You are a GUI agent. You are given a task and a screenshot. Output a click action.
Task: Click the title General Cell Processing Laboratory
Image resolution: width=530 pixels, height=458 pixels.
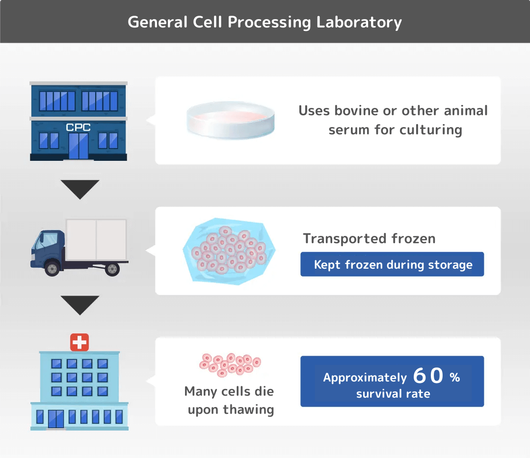[265, 22]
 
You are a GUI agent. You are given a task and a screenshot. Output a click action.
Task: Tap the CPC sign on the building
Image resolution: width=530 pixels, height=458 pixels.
[79, 127]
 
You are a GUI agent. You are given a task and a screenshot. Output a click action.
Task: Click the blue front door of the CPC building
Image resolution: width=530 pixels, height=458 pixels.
[79, 146]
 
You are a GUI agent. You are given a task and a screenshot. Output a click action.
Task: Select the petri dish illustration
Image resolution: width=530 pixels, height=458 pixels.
[230, 121]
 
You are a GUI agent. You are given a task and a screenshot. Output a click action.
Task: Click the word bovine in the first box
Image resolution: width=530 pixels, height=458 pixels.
[357, 110]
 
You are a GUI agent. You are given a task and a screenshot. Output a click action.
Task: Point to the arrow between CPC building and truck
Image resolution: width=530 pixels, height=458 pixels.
[80, 189]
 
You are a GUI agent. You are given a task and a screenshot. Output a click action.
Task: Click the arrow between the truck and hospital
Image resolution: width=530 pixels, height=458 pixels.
[80, 305]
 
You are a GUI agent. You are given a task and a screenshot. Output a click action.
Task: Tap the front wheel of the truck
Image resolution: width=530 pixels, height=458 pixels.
[52, 268]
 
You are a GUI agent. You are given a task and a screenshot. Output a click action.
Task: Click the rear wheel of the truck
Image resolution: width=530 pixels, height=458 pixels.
[112, 268]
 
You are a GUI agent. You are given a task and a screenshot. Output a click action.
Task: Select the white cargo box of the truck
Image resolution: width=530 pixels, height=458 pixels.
[96, 239]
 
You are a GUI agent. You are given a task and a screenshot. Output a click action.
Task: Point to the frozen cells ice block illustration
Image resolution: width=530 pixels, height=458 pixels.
[229, 250]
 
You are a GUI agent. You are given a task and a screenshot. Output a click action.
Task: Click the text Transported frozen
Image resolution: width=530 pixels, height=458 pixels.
[369, 238]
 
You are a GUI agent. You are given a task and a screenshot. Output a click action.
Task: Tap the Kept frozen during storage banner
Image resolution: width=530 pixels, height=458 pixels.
[392, 265]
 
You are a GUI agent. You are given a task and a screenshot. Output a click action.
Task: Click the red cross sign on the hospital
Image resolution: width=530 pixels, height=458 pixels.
[79, 342]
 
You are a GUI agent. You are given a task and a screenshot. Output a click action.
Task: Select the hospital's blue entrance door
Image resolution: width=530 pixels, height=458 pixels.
[56, 418]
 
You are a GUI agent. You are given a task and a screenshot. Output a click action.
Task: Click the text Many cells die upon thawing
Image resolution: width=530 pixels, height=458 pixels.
[229, 400]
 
